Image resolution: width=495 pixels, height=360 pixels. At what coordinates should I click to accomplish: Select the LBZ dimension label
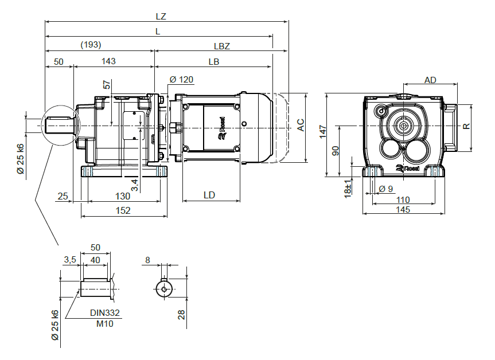222,45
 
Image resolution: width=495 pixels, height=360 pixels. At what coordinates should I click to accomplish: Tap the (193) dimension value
91,45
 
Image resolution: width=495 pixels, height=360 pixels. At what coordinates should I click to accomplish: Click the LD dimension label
209,195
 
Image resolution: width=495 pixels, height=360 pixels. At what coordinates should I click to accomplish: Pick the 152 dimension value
123,210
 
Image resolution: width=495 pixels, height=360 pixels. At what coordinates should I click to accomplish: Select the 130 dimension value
122,196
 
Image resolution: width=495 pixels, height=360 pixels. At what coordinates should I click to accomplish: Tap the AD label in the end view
431,80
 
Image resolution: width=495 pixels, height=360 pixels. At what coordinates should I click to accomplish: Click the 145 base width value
403,210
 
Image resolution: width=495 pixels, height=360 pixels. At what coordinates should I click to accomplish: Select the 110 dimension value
403,199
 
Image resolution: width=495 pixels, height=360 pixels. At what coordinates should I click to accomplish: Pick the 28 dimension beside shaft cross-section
182,314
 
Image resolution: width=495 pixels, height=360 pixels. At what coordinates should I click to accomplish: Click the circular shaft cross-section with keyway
165,288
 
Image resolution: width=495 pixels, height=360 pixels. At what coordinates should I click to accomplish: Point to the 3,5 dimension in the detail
69,260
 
